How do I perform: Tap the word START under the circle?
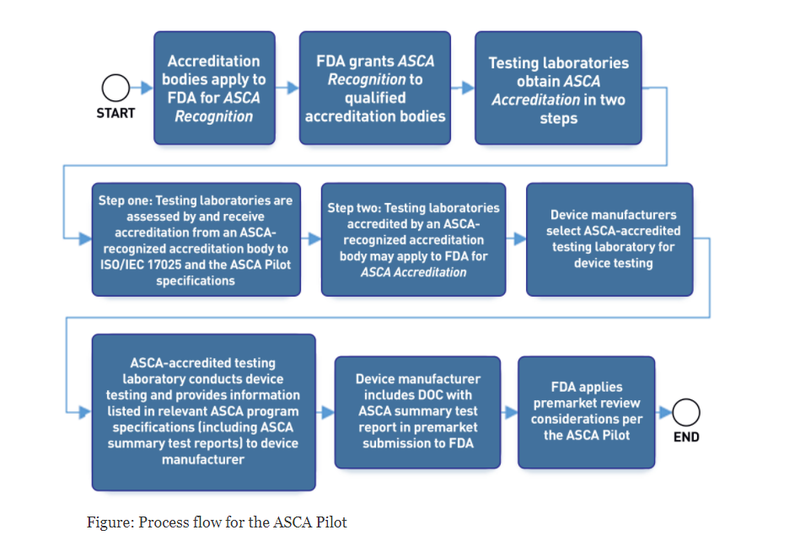pos(115,113)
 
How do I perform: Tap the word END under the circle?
pos(686,437)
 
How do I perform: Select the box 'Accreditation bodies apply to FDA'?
pos(214,88)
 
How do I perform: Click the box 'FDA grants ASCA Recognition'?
pos(375,88)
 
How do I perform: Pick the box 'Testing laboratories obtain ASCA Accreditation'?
pos(558,88)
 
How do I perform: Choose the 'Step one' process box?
pos(196,239)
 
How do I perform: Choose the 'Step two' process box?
pos(413,239)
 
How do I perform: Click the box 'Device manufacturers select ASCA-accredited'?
pos(609,239)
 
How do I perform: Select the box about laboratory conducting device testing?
pos(203,412)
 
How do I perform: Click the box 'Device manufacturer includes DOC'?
pos(417,412)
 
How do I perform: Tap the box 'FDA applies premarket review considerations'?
pos(586,412)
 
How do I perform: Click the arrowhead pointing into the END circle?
pos(665,412)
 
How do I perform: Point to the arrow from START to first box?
pos(142,88)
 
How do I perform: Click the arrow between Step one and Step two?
pos(311,238)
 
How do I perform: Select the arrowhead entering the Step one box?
pos(85,238)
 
